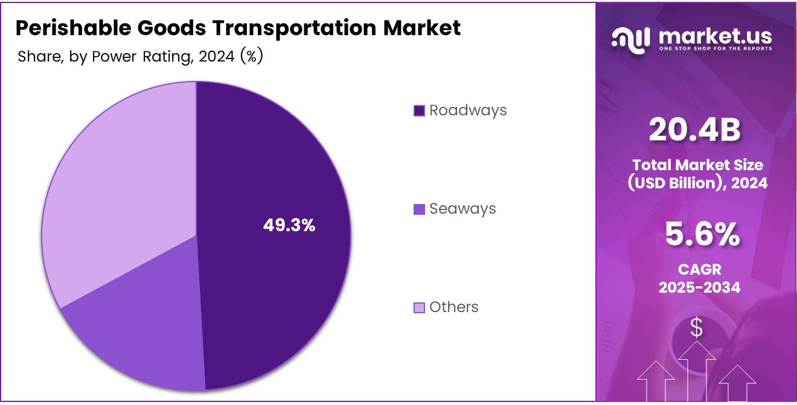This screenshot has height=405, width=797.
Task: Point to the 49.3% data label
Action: (289, 225)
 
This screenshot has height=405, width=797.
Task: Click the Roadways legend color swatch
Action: (419, 110)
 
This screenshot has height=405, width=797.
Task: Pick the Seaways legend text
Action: (463, 209)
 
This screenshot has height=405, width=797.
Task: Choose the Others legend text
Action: (453, 307)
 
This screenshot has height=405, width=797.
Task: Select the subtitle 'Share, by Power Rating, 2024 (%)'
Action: (140, 57)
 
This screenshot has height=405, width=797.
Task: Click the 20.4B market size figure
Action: (694, 130)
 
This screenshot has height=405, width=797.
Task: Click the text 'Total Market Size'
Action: (698, 165)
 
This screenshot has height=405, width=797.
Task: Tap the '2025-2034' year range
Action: (699, 287)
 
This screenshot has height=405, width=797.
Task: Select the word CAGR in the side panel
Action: (699, 269)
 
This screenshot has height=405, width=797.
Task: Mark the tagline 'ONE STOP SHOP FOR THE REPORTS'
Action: (715, 48)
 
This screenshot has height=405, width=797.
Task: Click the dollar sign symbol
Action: (697, 327)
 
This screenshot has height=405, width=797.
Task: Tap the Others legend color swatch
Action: (419, 308)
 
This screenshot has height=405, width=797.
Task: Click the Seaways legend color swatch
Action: (419, 209)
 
